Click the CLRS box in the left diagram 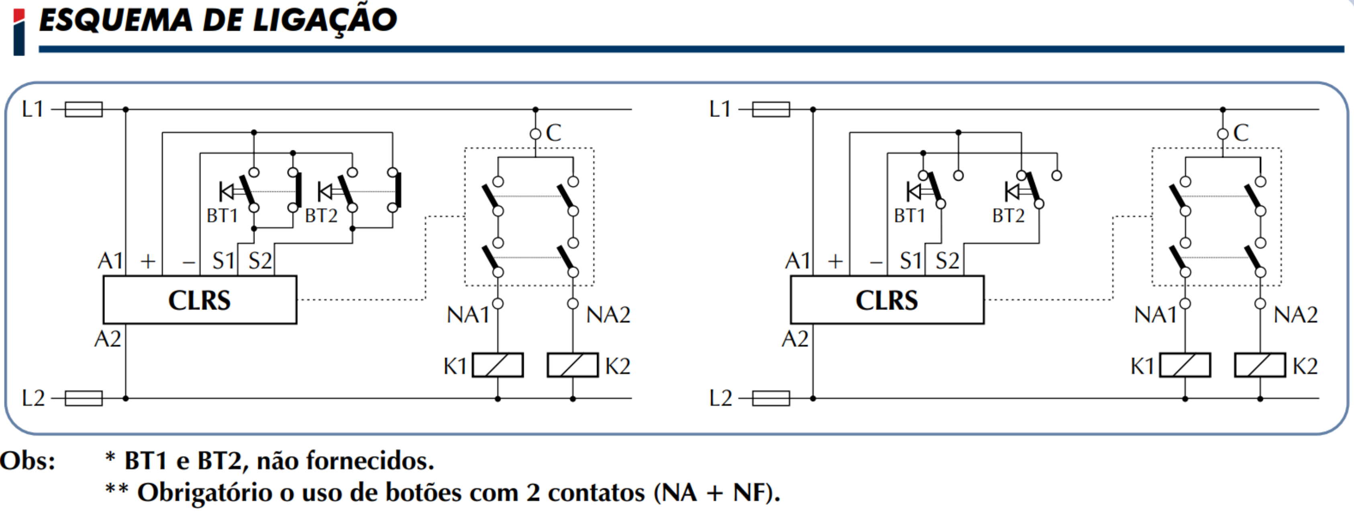(x=200, y=300)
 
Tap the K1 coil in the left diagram (x=498, y=365)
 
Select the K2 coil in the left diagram (x=573, y=365)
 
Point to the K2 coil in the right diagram (x=1260, y=365)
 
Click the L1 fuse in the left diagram (x=84, y=109)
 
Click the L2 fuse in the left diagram (x=84, y=399)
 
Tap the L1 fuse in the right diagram (x=771, y=109)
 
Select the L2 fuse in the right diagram (x=771, y=399)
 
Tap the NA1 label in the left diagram (x=468, y=315)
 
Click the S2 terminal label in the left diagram (x=260, y=261)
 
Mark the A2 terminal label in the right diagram (x=795, y=339)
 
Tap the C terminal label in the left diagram (x=553, y=133)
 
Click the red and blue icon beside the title (x=19, y=32)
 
